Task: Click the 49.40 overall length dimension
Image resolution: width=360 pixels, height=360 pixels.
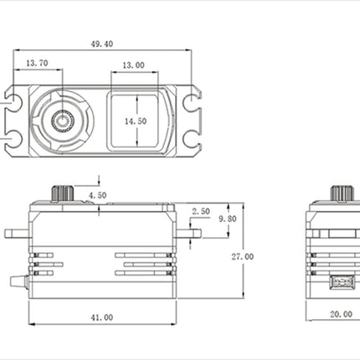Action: pyautogui.click(x=102, y=44)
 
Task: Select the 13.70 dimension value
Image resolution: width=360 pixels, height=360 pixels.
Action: pyautogui.click(x=37, y=63)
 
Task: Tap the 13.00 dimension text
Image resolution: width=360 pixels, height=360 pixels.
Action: pyautogui.click(x=134, y=65)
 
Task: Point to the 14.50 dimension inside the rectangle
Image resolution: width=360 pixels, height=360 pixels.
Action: pyautogui.click(x=136, y=121)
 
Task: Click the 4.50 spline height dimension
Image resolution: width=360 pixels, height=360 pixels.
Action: pyautogui.click(x=98, y=195)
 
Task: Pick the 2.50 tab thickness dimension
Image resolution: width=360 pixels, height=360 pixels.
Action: pyautogui.click(x=201, y=211)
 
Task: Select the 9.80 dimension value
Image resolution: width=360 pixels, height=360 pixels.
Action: pyautogui.click(x=228, y=219)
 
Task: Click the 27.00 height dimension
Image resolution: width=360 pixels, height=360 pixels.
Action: pyautogui.click(x=243, y=257)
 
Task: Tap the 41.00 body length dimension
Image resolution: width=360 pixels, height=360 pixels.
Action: pyautogui.click(x=102, y=317)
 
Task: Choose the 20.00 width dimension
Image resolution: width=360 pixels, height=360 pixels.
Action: pyautogui.click(x=341, y=315)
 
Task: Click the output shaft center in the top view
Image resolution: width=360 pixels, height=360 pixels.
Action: pyautogui.click(x=63, y=121)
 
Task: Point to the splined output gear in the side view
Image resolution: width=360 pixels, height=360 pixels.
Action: pyautogui.click(x=62, y=193)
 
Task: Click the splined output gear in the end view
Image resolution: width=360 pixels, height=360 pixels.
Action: pyautogui.click(x=342, y=193)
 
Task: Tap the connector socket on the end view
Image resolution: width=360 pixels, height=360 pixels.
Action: pyautogui.click(x=342, y=282)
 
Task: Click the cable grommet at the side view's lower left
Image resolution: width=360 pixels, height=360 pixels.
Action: pyautogui.click(x=19, y=281)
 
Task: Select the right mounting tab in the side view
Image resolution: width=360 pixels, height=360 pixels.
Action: pyautogui.click(x=189, y=234)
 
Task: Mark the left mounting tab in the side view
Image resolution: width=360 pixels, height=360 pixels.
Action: pyautogui.click(x=17, y=234)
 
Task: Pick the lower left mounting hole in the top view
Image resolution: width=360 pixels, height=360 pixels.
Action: pyautogui.click(x=13, y=139)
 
